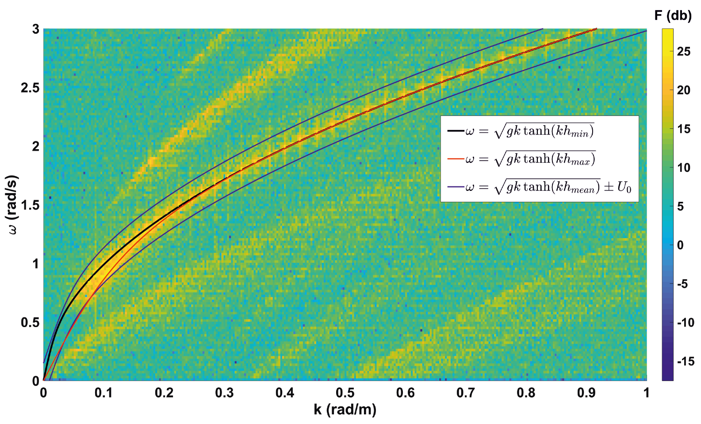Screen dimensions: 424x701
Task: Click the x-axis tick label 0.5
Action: (345, 393)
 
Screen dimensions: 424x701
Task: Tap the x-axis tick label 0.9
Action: (586, 393)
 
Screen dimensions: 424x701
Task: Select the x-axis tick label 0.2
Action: (164, 393)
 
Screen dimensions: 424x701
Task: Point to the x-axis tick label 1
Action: (646, 393)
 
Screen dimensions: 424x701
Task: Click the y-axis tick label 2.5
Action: (30, 88)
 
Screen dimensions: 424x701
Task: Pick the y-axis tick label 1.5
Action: (30, 205)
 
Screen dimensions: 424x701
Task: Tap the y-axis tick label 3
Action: (35, 30)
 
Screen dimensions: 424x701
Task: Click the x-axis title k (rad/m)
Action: (345, 409)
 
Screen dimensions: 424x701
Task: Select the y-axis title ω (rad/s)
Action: (13, 204)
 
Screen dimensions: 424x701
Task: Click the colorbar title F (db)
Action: (673, 16)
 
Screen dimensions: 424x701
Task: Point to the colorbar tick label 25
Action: (683, 52)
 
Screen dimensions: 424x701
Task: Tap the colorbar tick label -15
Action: (685, 362)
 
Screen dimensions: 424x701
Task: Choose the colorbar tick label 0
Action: (680, 245)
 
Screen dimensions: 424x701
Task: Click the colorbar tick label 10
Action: (683, 168)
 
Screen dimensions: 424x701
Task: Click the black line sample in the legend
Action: (456, 131)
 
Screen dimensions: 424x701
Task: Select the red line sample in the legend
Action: (456, 159)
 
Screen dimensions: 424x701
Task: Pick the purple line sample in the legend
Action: (456, 187)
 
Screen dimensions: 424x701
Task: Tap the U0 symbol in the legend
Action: (624, 188)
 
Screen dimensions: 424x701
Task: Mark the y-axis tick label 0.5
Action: (30, 323)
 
